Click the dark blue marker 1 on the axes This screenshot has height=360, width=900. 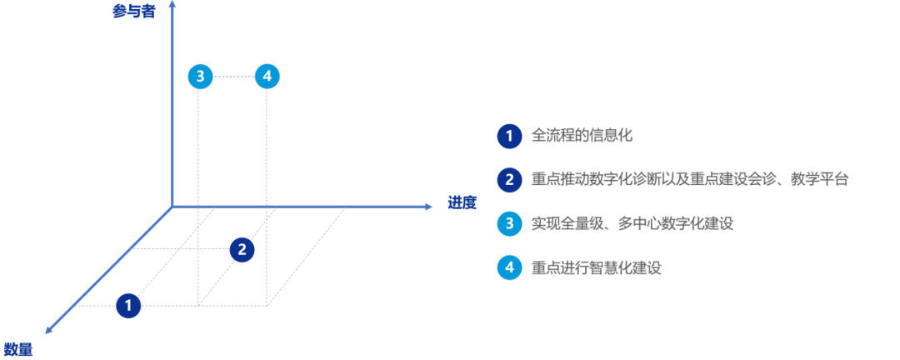[x=128, y=306]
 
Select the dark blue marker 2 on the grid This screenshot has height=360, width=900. [x=242, y=248]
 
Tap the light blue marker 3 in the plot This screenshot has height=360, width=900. [x=200, y=77]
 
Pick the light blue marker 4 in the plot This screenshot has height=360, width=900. [x=267, y=77]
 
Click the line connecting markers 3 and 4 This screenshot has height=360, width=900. [x=233, y=77]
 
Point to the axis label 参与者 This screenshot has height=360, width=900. [x=133, y=12]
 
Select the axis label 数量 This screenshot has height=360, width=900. [x=17, y=348]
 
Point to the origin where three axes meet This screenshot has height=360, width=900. [x=171, y=206]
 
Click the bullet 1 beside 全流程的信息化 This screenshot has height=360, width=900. [x=508, y=136]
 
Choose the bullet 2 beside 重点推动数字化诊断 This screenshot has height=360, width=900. [x=508, y=179]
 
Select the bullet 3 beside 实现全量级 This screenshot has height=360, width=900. [x=508, y=223]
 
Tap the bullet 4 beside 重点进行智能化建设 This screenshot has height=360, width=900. [x=508, y=267]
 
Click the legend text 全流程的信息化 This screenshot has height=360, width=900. [x=576, y=136]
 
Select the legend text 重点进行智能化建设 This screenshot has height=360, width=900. [x=596, y=267]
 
